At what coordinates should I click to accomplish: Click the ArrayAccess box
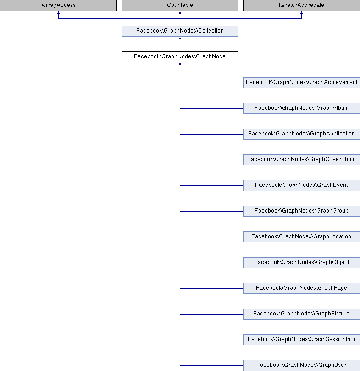click(x=58, y=5)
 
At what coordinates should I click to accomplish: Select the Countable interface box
click(x=180, y=5)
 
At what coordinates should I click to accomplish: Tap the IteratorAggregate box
click(x=301, y=5)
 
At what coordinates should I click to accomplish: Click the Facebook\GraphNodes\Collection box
click(x=180, y=31)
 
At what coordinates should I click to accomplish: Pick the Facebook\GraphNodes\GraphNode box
click(x=180, y=57)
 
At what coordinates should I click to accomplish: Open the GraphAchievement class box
click(x=301, y=83)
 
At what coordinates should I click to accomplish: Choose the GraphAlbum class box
click(x=301, y=108)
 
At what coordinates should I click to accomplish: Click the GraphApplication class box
click(x=301, y=134)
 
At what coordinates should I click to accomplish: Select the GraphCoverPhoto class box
click(x=301, y=160)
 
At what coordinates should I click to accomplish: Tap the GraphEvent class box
click(x=301, y=185)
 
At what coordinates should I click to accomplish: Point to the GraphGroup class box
click(x=301, y=211)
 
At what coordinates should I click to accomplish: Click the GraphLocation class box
click(x=301, y=237)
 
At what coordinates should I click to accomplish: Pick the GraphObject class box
click(x=301, y=262)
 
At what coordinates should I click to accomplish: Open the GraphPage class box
click(x=301, y=288)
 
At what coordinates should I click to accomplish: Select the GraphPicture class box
click(x=301, y=314)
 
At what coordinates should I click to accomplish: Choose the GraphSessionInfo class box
click(x=301, y=339)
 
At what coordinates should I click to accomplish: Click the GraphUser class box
click(x=301, y=365)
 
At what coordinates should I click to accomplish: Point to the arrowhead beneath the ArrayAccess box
click(x=58, y=12)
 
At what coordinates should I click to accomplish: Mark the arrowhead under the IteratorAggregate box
click(x=301, y=12)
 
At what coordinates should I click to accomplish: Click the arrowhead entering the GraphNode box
click(x=180, y=64)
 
